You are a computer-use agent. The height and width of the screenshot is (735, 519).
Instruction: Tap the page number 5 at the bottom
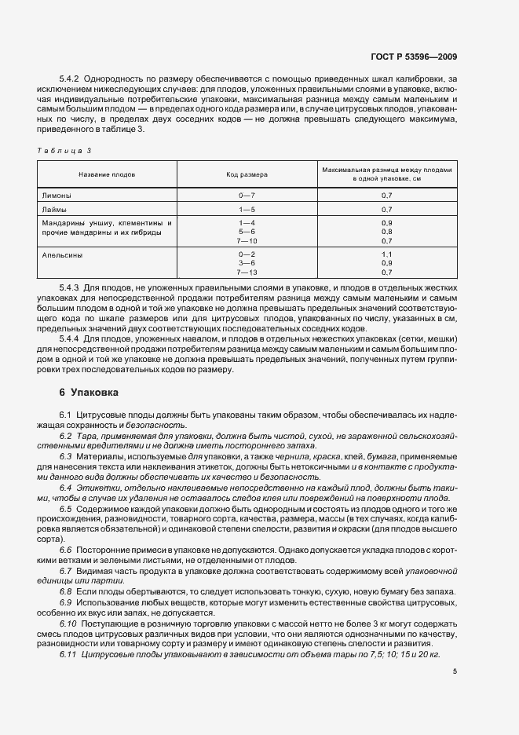(455, 671)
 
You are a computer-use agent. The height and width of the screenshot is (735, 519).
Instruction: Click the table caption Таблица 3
(66, 149)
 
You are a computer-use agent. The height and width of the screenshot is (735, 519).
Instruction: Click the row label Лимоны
(54, 194)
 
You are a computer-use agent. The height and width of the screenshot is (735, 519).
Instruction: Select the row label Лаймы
(53, 210)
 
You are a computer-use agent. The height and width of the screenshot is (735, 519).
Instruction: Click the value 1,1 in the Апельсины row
(386, 255)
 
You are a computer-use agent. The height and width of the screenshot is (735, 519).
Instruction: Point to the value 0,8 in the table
(386, 232)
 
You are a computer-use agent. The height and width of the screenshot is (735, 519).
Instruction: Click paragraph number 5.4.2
(71, 79)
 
